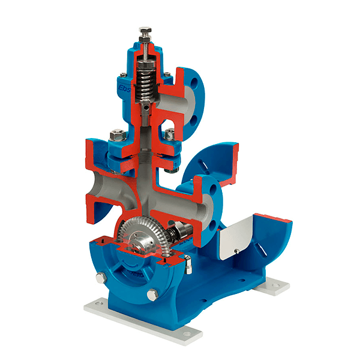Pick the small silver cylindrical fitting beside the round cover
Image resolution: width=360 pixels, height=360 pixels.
188,262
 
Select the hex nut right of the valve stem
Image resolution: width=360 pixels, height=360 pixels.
170,134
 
